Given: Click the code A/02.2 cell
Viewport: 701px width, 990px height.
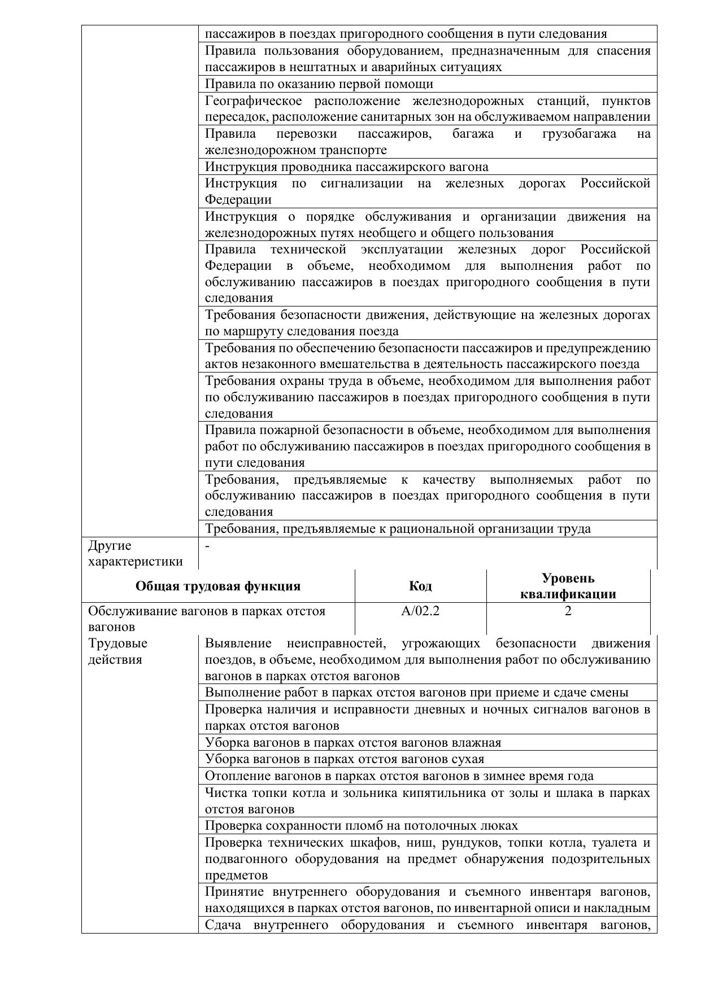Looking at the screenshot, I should (x=420, y=611).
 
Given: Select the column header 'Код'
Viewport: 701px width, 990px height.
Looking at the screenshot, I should (x=420, y=586).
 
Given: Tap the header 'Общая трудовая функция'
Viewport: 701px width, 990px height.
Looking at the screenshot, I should (x=218, y=586).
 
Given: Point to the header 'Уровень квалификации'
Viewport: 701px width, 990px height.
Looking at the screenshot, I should (x=568, y=586).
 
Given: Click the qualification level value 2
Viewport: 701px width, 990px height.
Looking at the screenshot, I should (x=568, y=611).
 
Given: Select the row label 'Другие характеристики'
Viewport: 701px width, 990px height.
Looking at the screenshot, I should (x=136, y=553).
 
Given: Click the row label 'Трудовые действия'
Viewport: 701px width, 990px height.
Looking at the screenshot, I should (x=117, y=651).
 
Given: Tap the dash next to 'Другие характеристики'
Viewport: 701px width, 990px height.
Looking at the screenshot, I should (x=208, y=546).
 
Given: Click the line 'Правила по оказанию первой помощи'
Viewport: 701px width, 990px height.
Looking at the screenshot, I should (x=319, y=84).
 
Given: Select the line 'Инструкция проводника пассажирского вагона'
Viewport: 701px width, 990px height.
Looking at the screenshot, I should (x=346, y=167).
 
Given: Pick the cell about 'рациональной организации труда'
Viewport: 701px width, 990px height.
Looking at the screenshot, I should (x=398, y=529).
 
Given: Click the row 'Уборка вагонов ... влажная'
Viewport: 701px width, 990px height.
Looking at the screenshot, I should (x=353, y=742).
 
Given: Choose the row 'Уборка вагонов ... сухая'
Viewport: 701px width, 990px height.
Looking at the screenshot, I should (x=345, y=759).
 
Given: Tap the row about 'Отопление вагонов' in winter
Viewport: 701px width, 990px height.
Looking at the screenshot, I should (x=399, y=776).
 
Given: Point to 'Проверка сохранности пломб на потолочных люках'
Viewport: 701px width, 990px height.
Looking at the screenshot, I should (x=362, y=825).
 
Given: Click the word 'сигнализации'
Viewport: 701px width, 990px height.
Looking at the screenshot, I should (x=362, y=183).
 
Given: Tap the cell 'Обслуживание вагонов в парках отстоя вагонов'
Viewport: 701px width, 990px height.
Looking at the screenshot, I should (x=207, y=619).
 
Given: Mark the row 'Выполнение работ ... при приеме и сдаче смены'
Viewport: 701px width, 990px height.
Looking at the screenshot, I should (x=416, y=693).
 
